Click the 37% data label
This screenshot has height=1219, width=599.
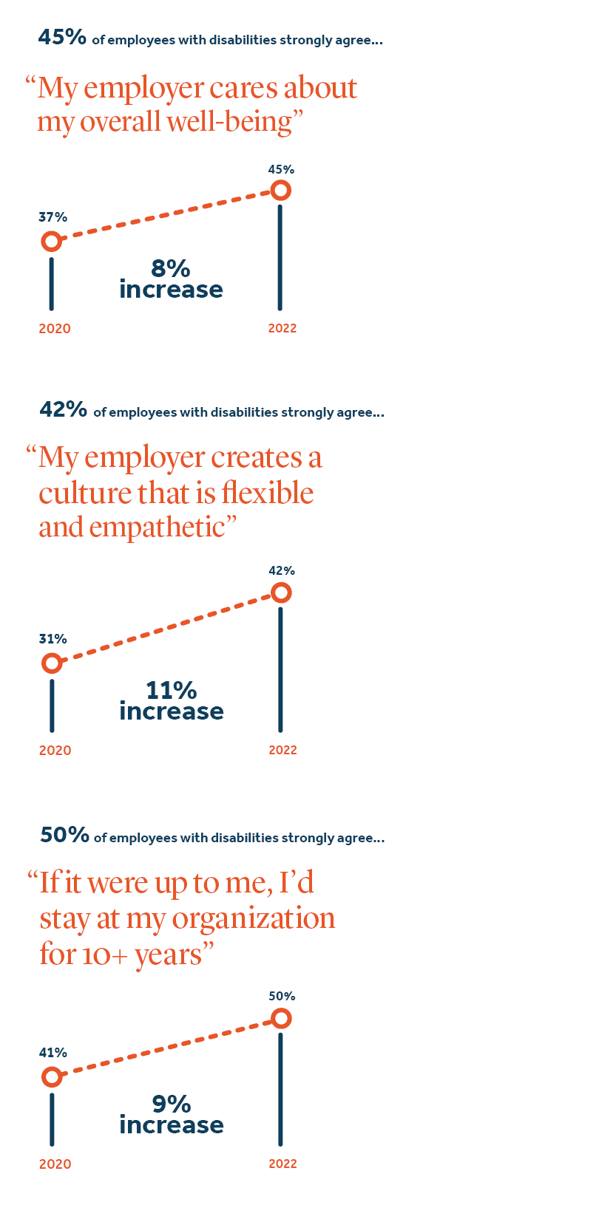[53, 217]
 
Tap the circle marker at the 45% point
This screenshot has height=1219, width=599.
[280, 191]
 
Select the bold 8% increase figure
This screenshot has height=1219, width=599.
[171, 269]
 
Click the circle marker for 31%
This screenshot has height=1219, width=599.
[52, 663]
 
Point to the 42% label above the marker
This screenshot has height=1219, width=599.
[281, 570]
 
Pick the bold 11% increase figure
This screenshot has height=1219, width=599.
[171, 691]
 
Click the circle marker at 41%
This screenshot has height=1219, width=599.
[52, 1077]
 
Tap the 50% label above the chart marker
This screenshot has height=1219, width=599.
[282, 996]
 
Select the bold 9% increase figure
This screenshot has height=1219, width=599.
[171, 1104]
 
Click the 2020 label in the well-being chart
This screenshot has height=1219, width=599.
[55, 329]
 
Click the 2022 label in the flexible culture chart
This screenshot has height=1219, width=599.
[282, 750]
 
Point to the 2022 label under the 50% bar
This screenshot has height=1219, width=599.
[282, 1164]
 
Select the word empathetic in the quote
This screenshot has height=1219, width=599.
[157, 527]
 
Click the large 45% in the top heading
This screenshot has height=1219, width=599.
[62, 38]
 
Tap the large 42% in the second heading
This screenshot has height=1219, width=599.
[63, 409]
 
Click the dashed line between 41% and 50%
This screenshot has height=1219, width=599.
[166, 1048]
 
